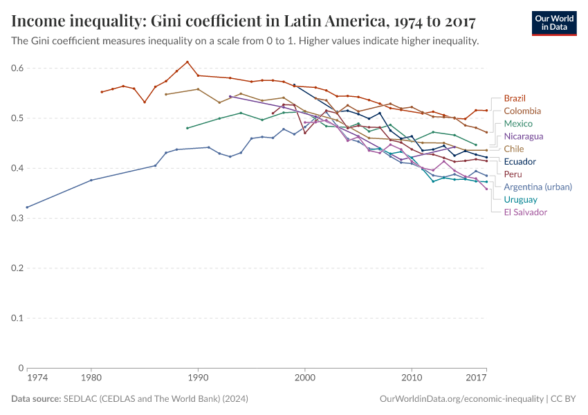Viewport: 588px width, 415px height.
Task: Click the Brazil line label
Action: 515,98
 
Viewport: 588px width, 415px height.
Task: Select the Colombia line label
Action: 522,111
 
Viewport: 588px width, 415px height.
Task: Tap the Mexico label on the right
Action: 518,123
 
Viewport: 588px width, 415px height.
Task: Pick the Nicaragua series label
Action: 524,136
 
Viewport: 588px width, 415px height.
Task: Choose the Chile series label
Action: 514,149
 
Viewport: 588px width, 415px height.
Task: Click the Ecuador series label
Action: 520,161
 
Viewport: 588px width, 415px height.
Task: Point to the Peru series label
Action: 513,174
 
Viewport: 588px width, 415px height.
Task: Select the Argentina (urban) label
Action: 538,187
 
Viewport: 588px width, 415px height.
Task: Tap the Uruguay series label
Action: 520,199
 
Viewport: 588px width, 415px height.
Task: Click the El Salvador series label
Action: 525,212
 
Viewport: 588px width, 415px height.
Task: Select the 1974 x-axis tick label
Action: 37,378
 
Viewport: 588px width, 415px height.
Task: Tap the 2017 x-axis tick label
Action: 476,378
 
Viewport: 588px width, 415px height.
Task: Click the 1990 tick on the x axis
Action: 198,378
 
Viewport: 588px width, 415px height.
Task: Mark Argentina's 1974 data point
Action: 27,207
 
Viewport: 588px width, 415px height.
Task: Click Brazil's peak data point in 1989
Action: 187,62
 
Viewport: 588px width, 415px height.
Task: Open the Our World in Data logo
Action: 553,22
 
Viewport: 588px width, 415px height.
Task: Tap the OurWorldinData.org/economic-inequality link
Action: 461,399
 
